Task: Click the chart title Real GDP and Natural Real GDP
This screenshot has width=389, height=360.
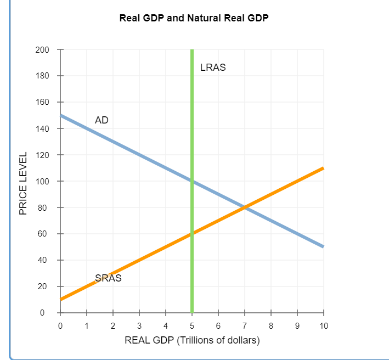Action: pos(194,18)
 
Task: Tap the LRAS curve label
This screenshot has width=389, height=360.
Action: pos(213,68)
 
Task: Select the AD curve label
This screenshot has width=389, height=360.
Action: pos(102,120)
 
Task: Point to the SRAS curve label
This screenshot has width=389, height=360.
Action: pos(108,278)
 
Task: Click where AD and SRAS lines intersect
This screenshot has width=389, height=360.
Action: pos(245,207)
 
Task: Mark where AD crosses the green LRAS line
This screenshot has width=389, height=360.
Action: pos(192,181)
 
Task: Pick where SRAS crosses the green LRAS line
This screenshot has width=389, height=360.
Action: pos(192,234)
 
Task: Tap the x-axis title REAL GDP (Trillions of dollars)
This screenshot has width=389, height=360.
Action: pos(192,340)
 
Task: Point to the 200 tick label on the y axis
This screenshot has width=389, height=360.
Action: pos(42,50)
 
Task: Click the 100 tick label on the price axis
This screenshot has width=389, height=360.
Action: pos(42,182)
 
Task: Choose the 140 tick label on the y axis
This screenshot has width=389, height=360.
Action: pos(42,129)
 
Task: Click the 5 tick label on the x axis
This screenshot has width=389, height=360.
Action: pos(192,326)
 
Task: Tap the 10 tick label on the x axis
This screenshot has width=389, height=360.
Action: pos(323,326)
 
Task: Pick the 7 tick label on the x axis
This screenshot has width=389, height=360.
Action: pos(245,326)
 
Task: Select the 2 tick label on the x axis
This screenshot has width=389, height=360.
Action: pos(113,326)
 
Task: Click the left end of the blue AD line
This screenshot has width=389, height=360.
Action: pos(61,115)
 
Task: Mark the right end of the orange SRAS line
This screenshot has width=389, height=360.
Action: pos(323,168)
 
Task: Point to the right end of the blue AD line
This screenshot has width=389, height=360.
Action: pos(323,247)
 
